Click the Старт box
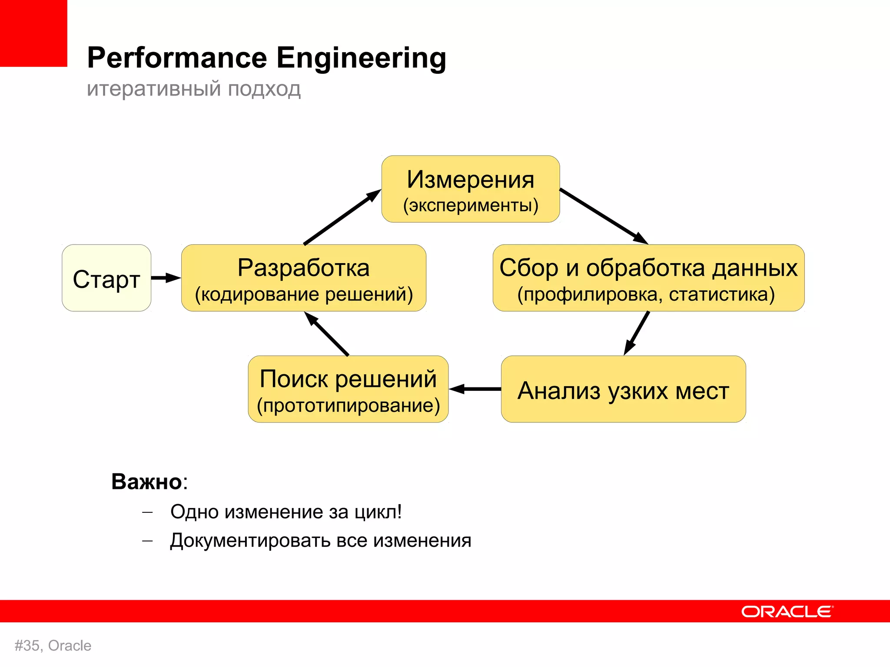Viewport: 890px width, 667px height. click(x=106, y=278)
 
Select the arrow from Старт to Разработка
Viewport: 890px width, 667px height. click(x=165, y=278)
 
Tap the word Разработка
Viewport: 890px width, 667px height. click(x=303, y=268)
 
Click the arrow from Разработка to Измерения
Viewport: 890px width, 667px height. click(x=342, y=217)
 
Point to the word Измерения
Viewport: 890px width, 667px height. click(x=470, y=180)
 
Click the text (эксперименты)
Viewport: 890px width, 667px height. click(x=470, y=205)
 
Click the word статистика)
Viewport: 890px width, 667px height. click(x=721, y=294)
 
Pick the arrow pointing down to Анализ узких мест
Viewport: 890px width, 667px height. click(x=637, y=333)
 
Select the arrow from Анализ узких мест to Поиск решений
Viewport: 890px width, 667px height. click(x=475, y=389)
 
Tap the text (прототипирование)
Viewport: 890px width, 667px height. click(x=348, y=406)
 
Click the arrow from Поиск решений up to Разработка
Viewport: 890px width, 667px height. click(x=327, y=334)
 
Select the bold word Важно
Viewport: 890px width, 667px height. click(x=146, y=482)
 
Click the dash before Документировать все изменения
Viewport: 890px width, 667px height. click(x=148, y=541)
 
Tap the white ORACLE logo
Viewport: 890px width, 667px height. click(x=787, y=611)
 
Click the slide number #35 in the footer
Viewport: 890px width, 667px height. click(x=27, y=646)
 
